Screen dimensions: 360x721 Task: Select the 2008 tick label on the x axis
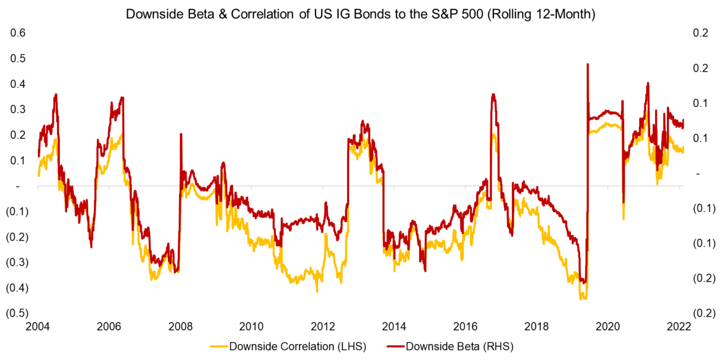pyautogui.click(x=180, y=326)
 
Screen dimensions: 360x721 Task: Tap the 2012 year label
pyautogui.click(x=323, y=326)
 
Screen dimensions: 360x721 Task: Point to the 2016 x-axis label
pyautogui.click(x=465, y=326)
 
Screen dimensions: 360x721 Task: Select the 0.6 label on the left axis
pyautogui.click(x=19, y=33)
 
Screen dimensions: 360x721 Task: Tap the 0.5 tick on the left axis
pyautogui.click(x=19, y=58)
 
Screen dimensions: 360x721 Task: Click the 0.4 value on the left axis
pyautogui.click(x=19, y=84)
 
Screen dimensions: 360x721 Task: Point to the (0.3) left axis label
pyautogui.click(x=16, y=263)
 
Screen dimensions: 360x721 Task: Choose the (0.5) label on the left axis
pyautogui.click(x=16, y=313)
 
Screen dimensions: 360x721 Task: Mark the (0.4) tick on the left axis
pyautogui.click(x=16, y=288)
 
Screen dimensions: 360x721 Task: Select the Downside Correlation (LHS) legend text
pyautogui.click(x=297, y=346)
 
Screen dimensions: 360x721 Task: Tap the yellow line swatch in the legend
pyautogui.click(x=219, y=346)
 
